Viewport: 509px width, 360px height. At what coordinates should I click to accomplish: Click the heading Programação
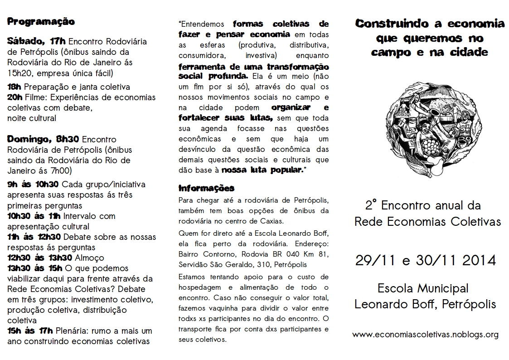pos(41,21)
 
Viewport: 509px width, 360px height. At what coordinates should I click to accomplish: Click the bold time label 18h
pos(15,87)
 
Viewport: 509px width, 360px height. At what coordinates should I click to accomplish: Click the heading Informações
pos(206,188)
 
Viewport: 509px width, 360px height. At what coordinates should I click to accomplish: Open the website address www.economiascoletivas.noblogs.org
pos(425,335)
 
